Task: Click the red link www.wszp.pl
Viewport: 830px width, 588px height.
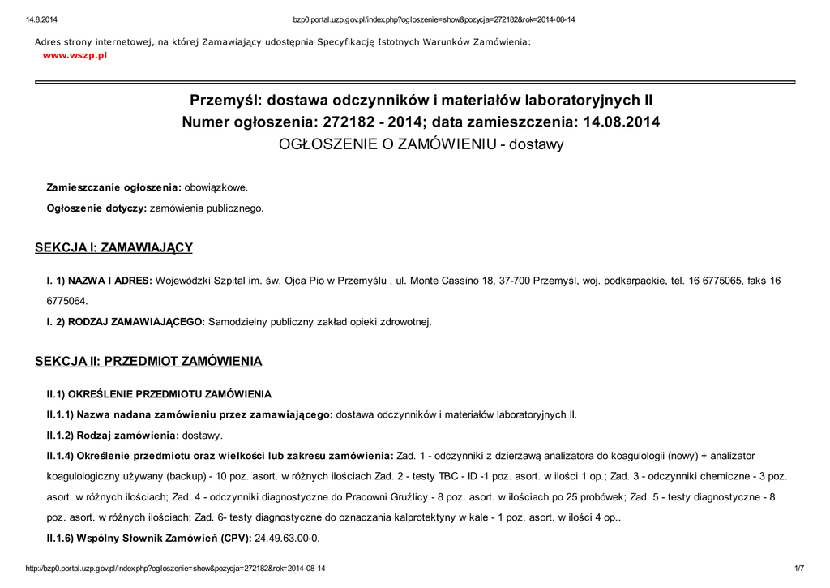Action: (x=75, y=55)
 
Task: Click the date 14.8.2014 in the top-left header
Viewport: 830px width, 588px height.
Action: (x=41, y=19)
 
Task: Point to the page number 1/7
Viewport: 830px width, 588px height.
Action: (x=798, y=569)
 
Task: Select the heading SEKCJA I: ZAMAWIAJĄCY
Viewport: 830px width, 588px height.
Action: (x=113, y=247)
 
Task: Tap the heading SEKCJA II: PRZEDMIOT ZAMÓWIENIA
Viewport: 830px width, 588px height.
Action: (x=148, y=361)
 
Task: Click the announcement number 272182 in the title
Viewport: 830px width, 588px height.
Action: (x=347, y=122)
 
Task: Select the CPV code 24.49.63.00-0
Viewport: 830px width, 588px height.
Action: (x=288, y=538)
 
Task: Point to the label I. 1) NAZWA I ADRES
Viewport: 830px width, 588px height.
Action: (x=99, y=281)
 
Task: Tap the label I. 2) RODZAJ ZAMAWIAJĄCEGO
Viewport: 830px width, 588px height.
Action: (x=126, y=322)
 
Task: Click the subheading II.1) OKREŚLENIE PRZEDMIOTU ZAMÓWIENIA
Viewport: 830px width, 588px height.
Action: (x=159, y=394)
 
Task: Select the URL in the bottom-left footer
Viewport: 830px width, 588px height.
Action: (x=177, y=569)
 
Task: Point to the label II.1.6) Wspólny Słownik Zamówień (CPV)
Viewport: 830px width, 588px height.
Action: (x=148, y=538)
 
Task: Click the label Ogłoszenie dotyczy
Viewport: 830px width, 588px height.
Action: (x=96, y=208)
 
